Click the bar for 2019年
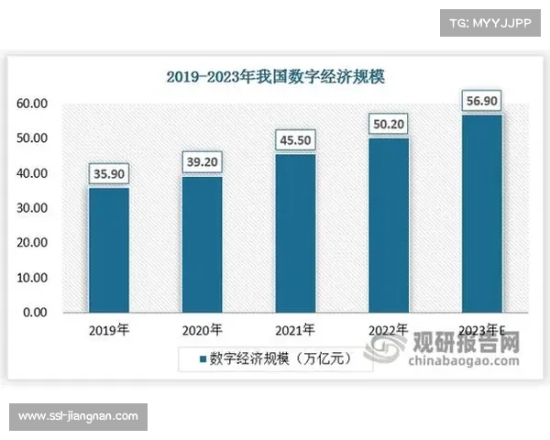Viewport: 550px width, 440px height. click(x=108, y=249)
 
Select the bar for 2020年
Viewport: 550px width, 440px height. click(x=202, y=244)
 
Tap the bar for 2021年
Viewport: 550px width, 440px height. click(x=295, y=233)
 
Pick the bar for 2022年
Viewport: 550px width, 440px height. click(x=388, y=225)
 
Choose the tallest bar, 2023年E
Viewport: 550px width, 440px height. click(x=481, y=213)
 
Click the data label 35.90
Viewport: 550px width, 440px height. click(x=108, y=173)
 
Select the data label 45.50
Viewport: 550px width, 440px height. click(x=295, y=140)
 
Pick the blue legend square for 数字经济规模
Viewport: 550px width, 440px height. click(x=203, y=358)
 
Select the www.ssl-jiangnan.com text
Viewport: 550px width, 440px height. click(x=79, y=417)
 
